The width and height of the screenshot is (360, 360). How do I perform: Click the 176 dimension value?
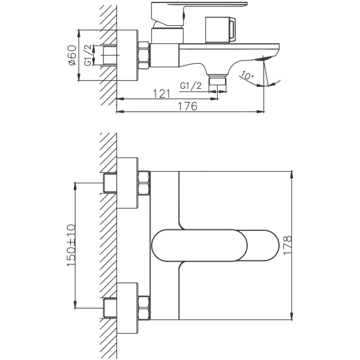[x=188, y=106]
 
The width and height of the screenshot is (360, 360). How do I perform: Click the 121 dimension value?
[x=161, y=94]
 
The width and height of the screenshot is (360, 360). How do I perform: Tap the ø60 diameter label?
[x=73, y=55]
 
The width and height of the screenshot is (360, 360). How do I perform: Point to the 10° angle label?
[x=247, y=76]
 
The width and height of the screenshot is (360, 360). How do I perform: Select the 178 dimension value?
[x=287, y=245]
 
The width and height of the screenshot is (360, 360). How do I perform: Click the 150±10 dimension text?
[x=71, y=245]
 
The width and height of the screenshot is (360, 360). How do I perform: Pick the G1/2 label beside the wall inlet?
[x=88, y=55]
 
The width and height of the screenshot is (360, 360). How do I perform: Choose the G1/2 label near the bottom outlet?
[x=191, y=86]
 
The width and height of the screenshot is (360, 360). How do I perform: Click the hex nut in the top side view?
[x=144, y=55]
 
